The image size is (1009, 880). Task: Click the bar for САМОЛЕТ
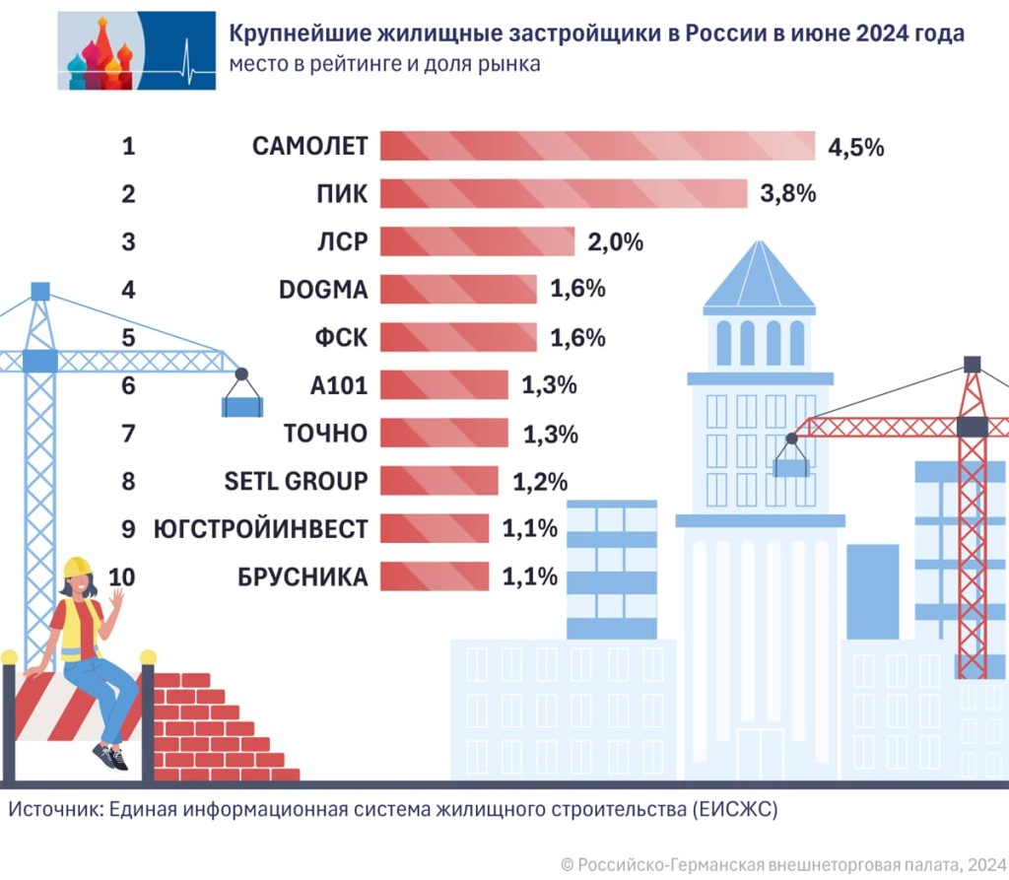(597, 146)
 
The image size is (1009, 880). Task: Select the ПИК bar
(563, 194)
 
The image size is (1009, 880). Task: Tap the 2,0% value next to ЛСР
(617, 242)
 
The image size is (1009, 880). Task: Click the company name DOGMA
(323, 290)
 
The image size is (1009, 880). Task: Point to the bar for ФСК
(458, 338)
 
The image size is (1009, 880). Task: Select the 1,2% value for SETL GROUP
(540, 483)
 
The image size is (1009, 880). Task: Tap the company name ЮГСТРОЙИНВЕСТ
(261, 530)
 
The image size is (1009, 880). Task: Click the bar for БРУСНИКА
(434, 577)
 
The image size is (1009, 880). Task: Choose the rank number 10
(126, 577)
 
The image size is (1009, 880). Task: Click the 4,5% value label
(856, 149)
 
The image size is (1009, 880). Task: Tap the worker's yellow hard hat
(77, 567)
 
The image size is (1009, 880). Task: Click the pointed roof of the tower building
(759, 276)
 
